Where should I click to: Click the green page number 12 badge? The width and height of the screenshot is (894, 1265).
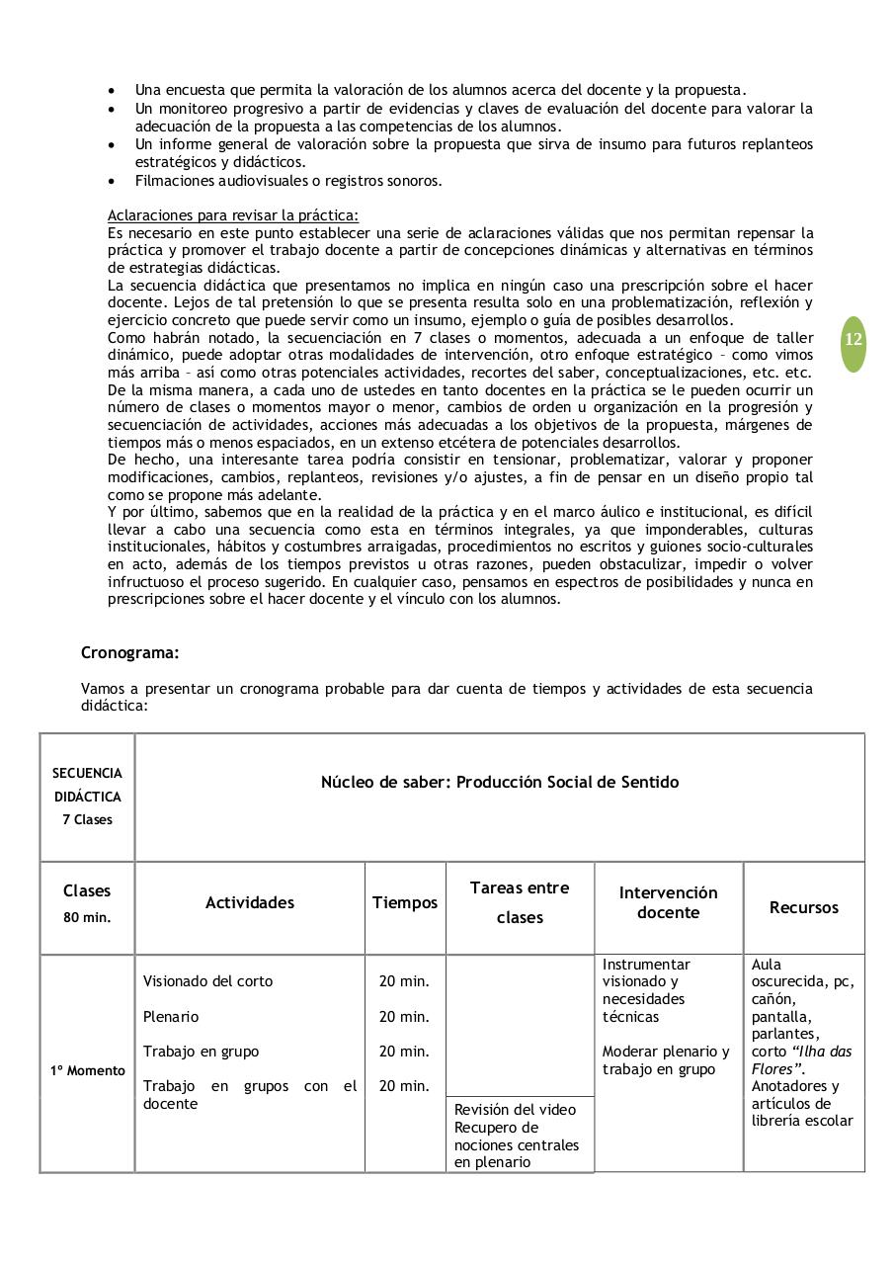(x=853, y=340)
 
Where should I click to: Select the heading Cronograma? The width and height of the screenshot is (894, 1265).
(x=129, y=653)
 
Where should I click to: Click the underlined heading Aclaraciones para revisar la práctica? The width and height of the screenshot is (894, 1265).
(x=232, y=215)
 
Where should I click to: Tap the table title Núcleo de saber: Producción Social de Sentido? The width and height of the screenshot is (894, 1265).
(x=499, y=782)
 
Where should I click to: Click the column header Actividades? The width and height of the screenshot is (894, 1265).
(x=249, y=902)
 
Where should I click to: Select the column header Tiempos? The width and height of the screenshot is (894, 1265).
(x=404, y=902)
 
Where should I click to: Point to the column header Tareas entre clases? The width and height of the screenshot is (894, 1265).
(x=520, y=902)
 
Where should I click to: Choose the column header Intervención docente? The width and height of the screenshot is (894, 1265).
(x=668, y=902)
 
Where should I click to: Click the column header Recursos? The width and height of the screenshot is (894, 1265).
(x=803, y=907)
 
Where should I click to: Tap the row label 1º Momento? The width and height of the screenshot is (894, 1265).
(x=88, y=1070)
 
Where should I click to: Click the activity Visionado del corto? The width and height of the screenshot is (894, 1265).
(x=207, y=981)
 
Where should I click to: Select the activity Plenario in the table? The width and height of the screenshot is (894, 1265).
(x=170, y=1016)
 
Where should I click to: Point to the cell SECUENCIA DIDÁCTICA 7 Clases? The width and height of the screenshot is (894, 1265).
(x=87, y=797)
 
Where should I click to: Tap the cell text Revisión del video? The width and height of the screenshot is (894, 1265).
(x=515, y=1110)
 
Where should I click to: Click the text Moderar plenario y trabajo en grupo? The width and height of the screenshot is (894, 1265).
(x=666, y=1060)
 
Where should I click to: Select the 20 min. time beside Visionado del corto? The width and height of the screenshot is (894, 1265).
(x=404, y=981)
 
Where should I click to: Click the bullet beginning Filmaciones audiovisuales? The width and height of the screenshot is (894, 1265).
(x=288, y=180)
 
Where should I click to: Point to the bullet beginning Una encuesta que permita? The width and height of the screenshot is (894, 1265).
(x=440, y=90)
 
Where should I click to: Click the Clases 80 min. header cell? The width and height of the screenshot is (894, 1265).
(x=87, y=903)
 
